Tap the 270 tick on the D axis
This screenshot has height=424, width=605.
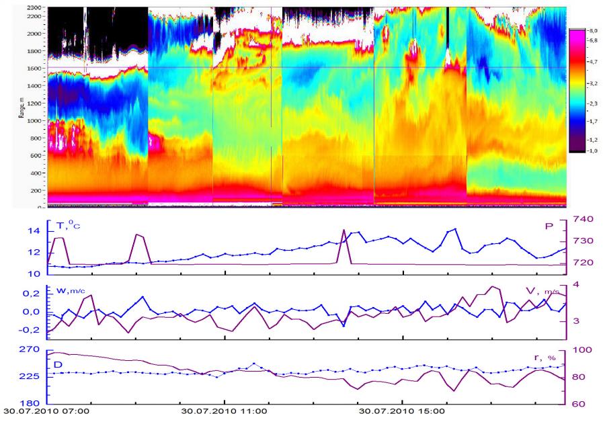point(32,350)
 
